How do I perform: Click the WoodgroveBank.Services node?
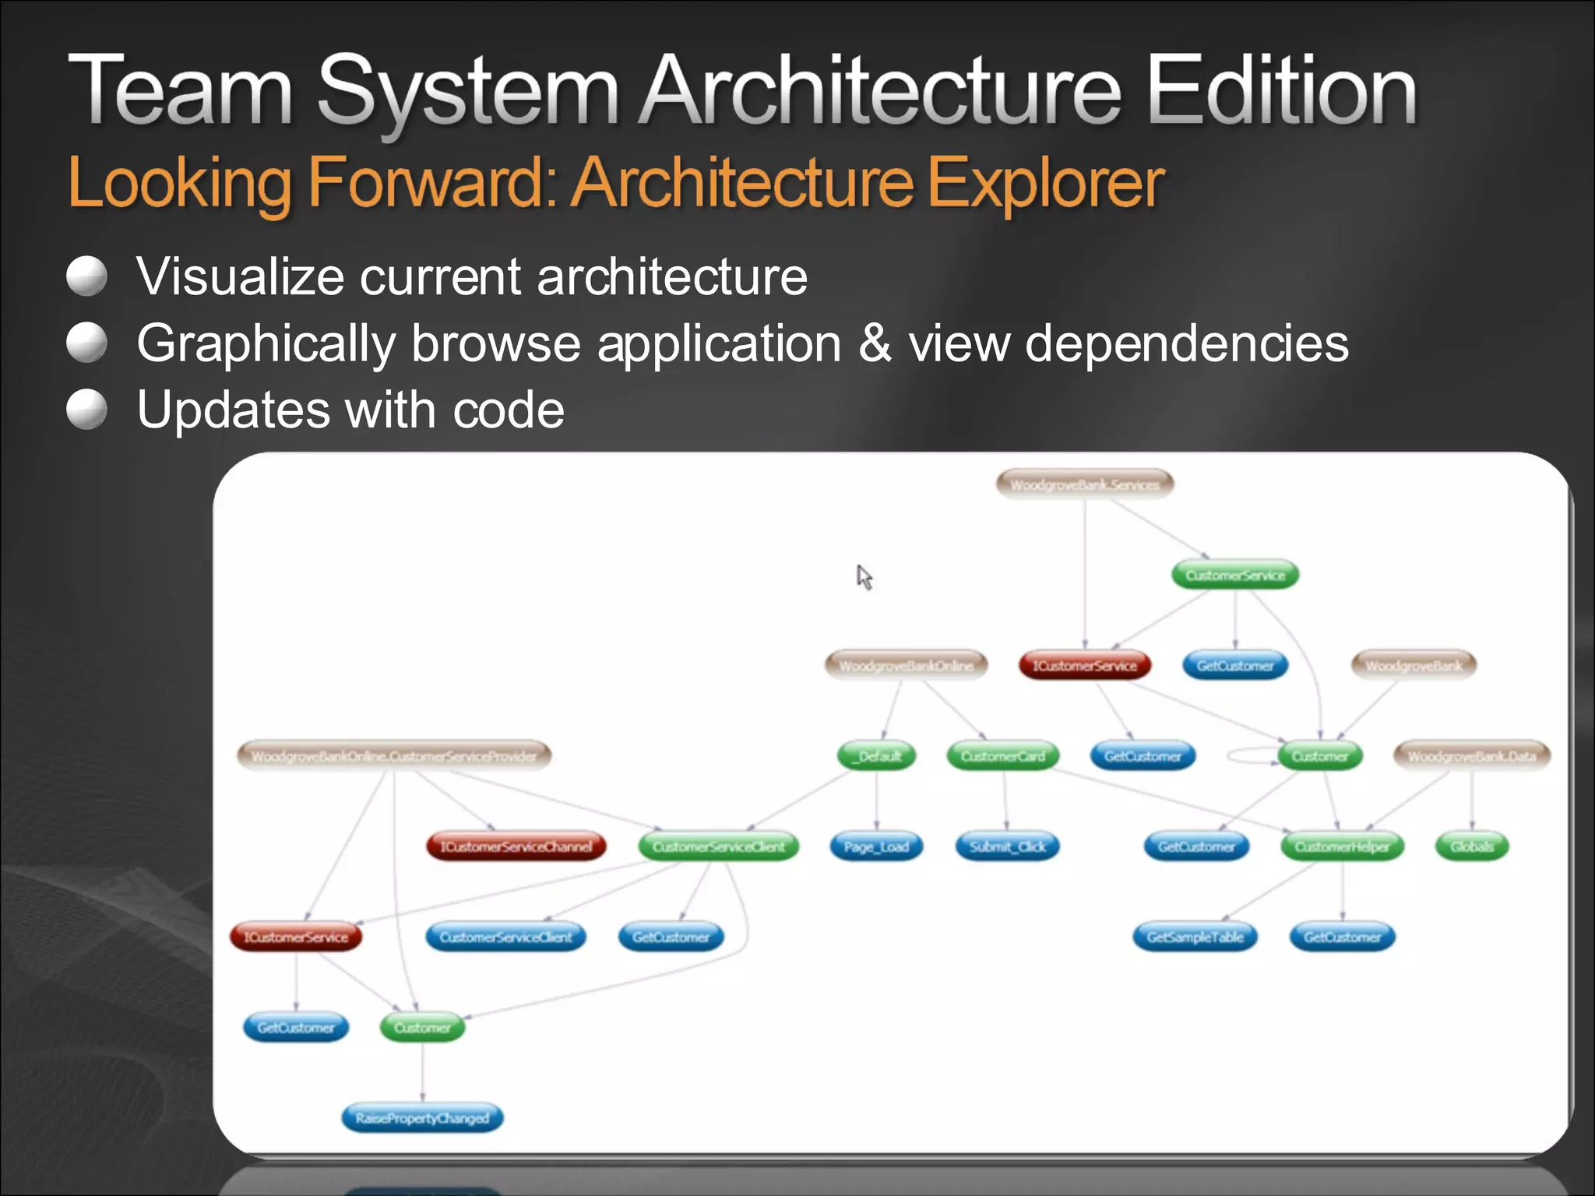[1085, 484]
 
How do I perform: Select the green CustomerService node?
[1235, 575]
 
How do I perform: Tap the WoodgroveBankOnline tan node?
[906, 666]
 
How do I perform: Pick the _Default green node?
[877, 756]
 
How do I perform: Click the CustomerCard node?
[1003, 756]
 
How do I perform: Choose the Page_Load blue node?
[876, 846]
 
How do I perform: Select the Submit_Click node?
[1008, 846]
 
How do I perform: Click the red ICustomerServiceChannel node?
[516, 846]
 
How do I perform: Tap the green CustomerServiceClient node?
[718, 846]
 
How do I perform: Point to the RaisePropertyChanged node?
[422, 1118]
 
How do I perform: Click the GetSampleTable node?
[1195, 937]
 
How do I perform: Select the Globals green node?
[1472, 846]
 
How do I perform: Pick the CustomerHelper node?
[1342, 846]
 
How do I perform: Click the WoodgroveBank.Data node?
[1472, 756]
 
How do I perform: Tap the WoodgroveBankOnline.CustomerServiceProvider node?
[394, 756]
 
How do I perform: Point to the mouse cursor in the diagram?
[863, 576]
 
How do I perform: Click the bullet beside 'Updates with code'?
[86, 410]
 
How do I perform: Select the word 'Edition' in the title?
[1281, 92]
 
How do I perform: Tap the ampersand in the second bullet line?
[875, 343]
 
